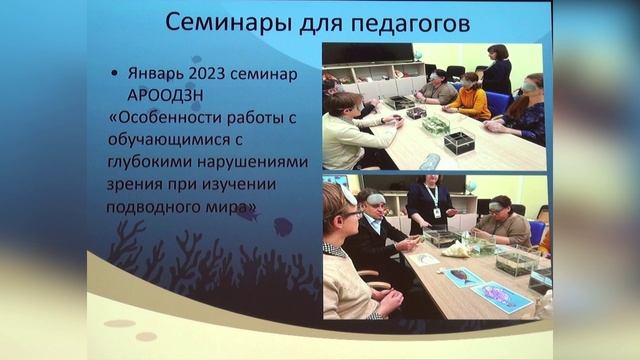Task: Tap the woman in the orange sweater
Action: [x=469, y=97]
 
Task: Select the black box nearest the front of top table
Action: [x=459, y=141]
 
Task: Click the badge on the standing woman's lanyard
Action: [x=435, y=214]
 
